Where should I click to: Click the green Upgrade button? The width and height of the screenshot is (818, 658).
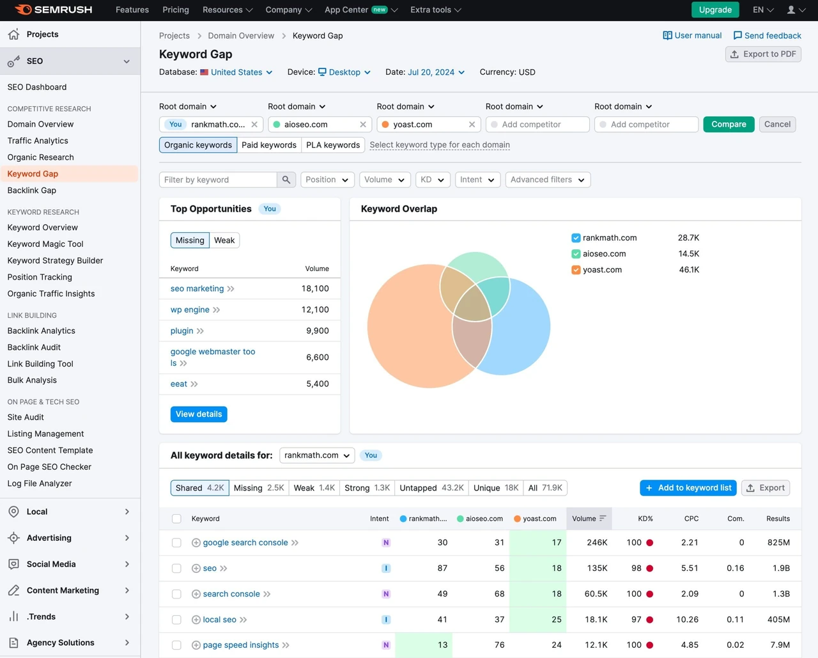tap(715, 10)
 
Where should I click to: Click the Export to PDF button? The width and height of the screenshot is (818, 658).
tap(763, 54)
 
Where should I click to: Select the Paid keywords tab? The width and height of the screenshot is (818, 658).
tap(269, 145)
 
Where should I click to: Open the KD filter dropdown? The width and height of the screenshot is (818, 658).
tap(433, 180)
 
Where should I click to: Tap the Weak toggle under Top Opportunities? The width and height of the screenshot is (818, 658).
tap(224, 240)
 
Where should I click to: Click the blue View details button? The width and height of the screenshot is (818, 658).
tap(199, 414)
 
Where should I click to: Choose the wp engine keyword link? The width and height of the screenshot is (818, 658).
tap(190, 309)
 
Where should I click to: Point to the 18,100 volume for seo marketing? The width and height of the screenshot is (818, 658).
tap(315, 288)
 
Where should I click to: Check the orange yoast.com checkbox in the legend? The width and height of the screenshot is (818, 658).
tap(576, 270)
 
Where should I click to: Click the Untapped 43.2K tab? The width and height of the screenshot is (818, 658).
tap(431, 488)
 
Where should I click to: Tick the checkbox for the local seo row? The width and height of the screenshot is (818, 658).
tap(176, 620)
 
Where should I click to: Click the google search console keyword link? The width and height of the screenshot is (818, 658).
tap(245, 542)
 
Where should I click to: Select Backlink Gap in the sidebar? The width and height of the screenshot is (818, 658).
tap(32, 190)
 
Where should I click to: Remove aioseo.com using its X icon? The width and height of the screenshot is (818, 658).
tap(363, 124)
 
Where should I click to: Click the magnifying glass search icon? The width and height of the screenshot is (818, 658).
tap(286, 180)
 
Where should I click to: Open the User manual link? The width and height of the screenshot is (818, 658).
tap(692, 35)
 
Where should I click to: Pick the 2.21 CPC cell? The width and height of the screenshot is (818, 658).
tap(690, 542)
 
